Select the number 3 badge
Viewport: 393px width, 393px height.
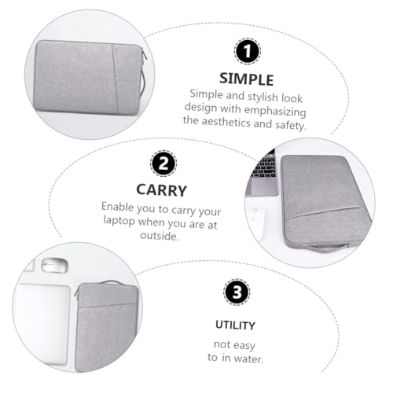[237, 292]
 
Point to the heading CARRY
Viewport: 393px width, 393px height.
[162, 190]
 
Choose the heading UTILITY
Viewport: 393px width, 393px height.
[236, 324]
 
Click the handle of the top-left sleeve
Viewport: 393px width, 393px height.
[141, 79]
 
